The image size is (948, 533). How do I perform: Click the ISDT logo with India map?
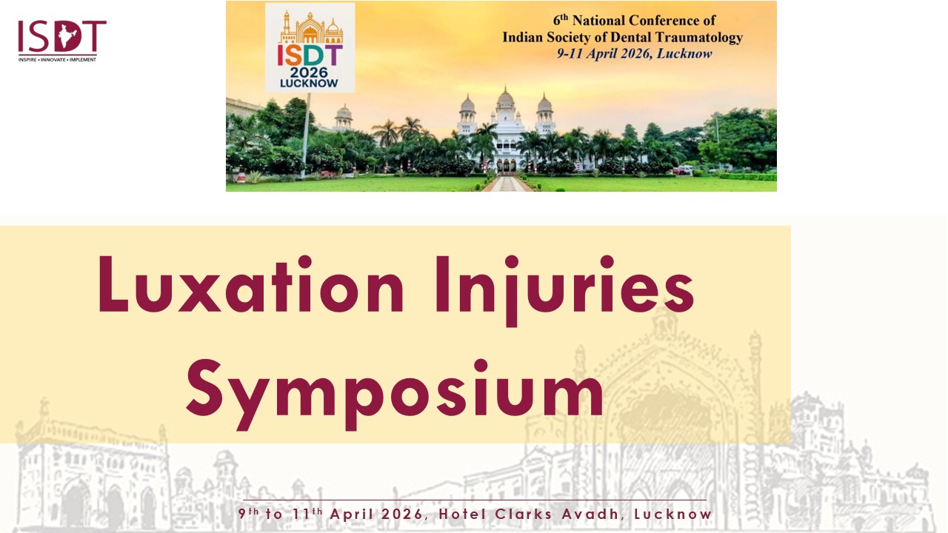point(61,41)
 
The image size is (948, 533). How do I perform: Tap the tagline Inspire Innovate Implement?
point(57,60)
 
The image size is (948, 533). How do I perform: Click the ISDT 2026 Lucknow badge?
point(310,47)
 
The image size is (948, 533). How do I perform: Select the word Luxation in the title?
point(250,284)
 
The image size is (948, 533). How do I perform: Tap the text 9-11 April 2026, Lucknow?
point(635,54)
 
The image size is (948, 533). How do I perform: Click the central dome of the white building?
point(505,98)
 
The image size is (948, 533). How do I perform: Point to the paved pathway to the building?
point(507,184)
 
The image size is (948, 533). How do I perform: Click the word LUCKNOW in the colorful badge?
point(309,83)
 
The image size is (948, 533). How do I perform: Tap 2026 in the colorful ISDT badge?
point(309,73)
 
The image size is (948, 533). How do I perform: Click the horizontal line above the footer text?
point(475,500)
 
